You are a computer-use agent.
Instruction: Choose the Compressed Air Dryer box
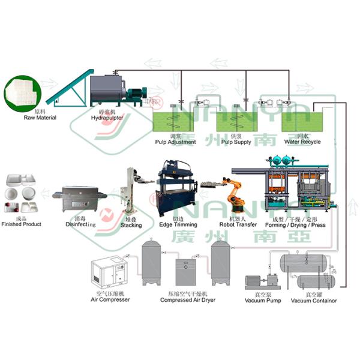click(x=184, y=272)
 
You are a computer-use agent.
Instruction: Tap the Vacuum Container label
click(x=313, y=301)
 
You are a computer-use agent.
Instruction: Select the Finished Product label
click(x=22, y=224)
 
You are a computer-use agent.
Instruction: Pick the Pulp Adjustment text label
click(x=175, y=142)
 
